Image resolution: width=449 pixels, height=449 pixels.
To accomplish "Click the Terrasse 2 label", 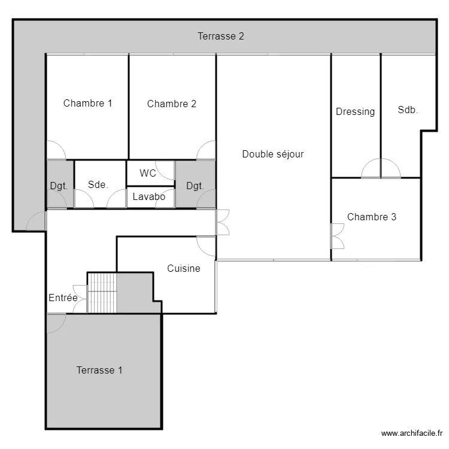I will [x=221, y=36].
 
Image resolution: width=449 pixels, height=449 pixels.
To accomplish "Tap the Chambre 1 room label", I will [x=87, y=103].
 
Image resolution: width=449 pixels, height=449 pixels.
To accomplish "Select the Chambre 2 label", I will [x=171, y=104].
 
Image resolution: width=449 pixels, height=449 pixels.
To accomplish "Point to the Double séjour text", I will [x=272, y=154].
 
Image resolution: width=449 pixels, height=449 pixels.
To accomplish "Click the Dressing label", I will [x=355, y=111].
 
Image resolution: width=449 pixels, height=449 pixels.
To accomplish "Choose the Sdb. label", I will [x=408, y=110].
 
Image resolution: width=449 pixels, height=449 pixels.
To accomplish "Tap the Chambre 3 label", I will [x=371, y=217].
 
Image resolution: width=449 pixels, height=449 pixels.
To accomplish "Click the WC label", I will [x=148, y=173].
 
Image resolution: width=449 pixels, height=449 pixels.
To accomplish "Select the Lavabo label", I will [x=149, y=196].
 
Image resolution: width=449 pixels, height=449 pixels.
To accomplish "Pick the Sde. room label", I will [x=98, y=184].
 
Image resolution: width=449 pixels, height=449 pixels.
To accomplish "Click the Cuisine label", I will [x=183, y=268].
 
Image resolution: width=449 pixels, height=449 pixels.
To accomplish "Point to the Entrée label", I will [x=63, y=298].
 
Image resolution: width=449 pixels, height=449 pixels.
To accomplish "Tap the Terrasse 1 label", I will [x=99, y=370].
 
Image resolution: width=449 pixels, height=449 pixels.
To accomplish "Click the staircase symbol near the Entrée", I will [x=102, y=293].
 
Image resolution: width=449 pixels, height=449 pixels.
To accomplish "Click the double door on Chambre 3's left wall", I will [x=338, y=236].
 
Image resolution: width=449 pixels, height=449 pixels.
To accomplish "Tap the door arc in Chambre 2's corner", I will [x=206, y=150].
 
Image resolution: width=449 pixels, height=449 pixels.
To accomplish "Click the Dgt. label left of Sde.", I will [x=59, y=186].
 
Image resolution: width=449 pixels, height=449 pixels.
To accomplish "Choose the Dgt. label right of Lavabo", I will [x=195, y=186].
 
